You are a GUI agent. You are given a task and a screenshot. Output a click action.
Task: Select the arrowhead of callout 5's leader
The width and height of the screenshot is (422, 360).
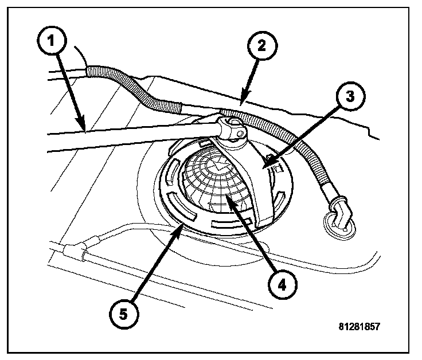tap(185, 225)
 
